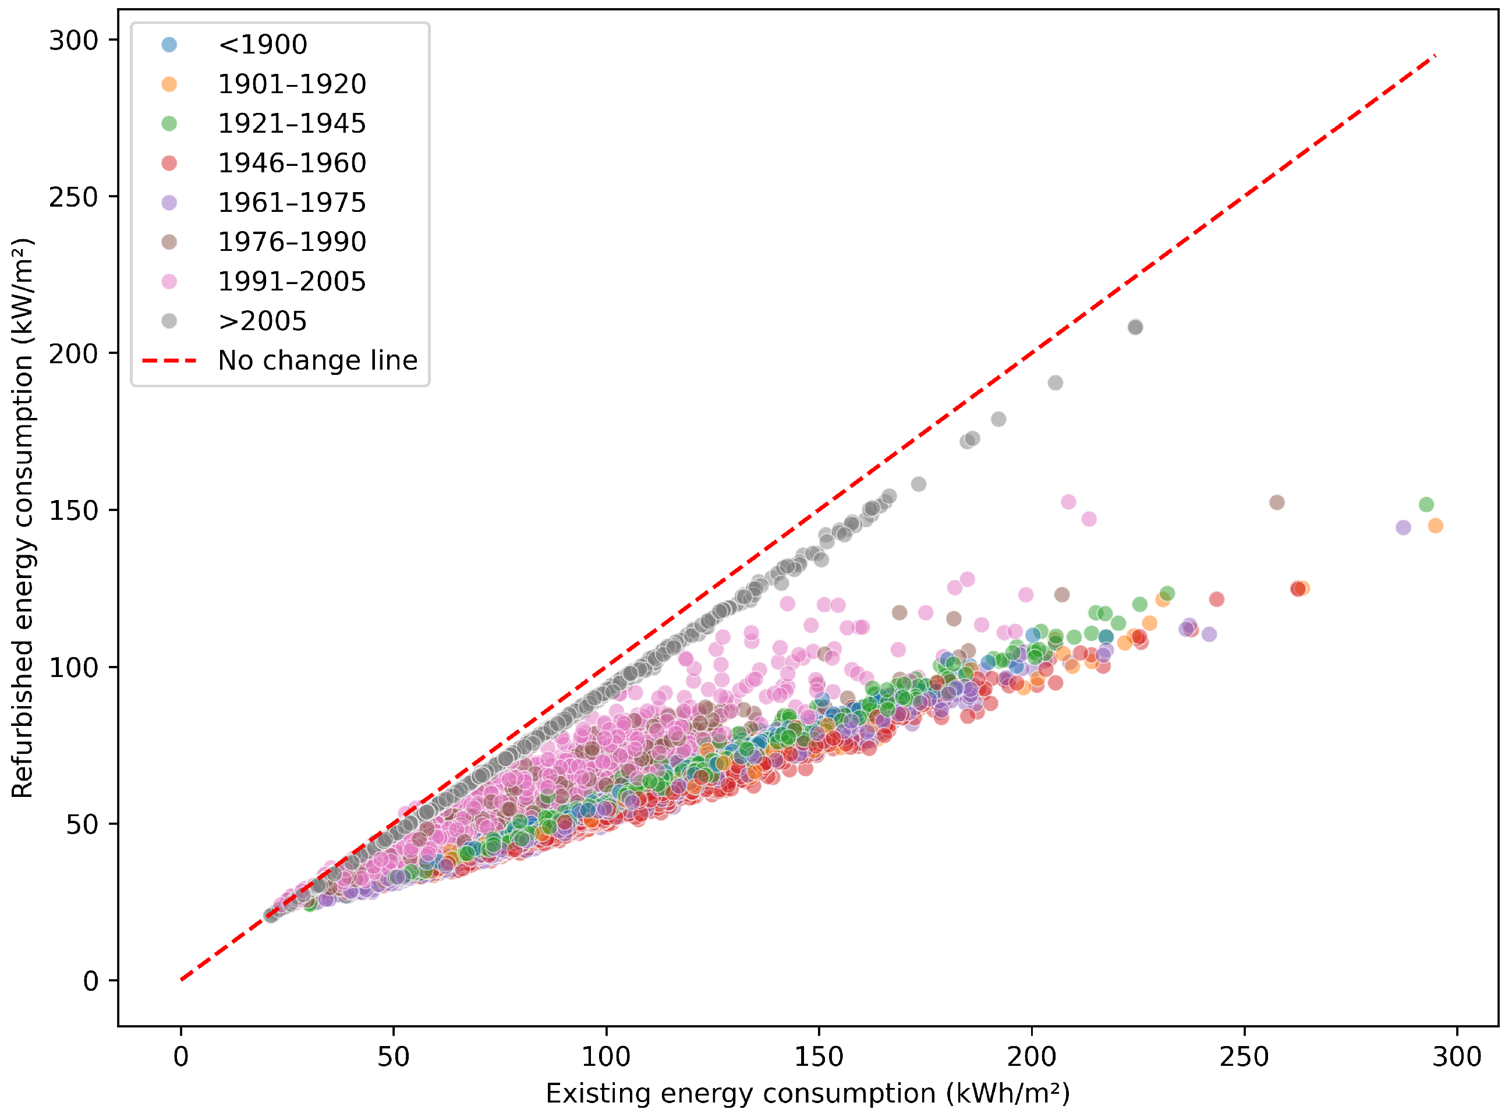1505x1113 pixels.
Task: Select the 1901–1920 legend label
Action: tap(292, 84)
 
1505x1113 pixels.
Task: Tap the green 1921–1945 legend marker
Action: tap(169, 123)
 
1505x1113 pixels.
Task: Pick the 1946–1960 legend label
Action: tap(292, 163)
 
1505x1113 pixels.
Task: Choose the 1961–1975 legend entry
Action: tap(263, 202)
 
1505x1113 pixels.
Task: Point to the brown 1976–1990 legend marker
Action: tap(169, 242)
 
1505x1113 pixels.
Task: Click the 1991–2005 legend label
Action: tap(292, 282)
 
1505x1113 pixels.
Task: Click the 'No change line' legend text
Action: tap(317, 360)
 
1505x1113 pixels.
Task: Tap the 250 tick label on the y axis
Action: tap(73, 197)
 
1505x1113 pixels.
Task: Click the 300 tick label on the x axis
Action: tap(1457, 1057)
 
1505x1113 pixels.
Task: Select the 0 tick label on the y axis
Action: tap(90, 981)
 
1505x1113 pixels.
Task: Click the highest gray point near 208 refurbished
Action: tap(1135, 327)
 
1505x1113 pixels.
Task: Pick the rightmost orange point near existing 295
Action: tap(1436, 526)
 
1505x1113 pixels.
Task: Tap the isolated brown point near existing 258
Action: tap(1277, 502)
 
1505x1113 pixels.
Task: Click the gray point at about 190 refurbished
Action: tap(1056, 382)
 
